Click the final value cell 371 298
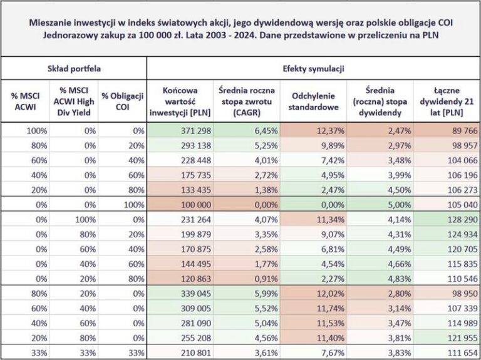pyautogui.click(x=180, y=131)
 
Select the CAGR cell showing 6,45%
pyautogui.click(x=247, y=131)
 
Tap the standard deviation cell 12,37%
pyautogui.click(x=313, y=131)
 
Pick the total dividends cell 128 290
pyautogui.click(x=447, y=220)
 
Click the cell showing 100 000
pyautogui.click(x=180, y=205)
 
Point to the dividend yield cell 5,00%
pyautogui.click(x=380, y=205)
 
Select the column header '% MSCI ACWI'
pyautogui.click(x=26, y=101)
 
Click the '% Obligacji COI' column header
pyautogui.click(x=122, y=101)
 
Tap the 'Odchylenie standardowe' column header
pyautogui.click(x=313, y=101)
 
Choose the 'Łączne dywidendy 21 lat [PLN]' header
pyautogui.click(x=447, y=101)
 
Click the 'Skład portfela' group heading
pyautogui.click(x=74, y=69)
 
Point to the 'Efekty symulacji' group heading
pyautogui.click(x=313, y=69)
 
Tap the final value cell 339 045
pyautogui.click(x=180, y=294)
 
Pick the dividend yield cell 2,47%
pyautogui.click(x=380, y=131)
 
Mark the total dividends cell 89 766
pyautogui.click(x=447, y=131)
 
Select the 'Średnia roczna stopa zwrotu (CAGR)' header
pyautogui.click(x=247, y=101)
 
